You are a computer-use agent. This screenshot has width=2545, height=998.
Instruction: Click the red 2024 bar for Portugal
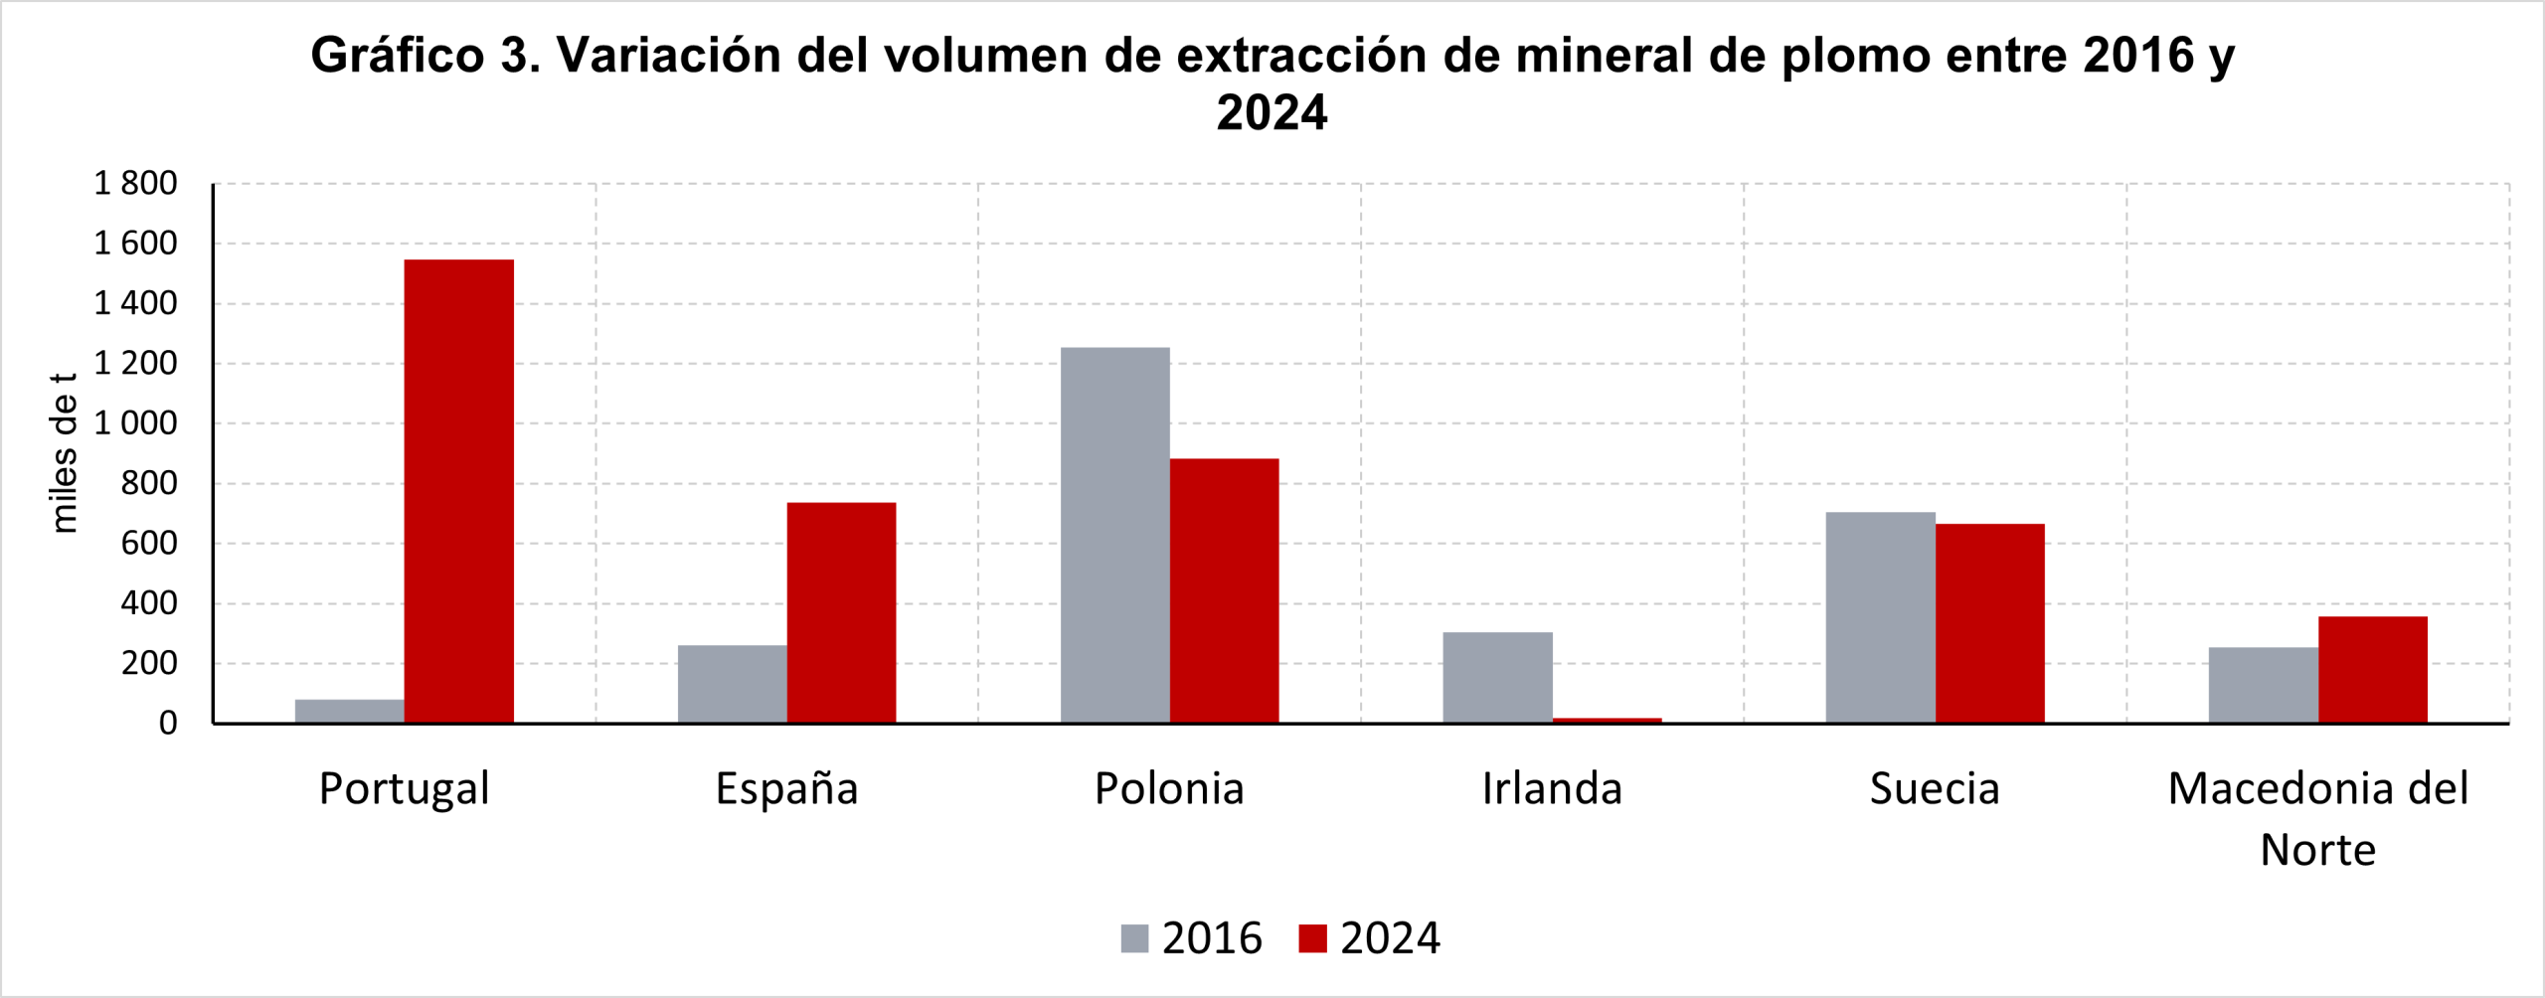(x=459, y=491)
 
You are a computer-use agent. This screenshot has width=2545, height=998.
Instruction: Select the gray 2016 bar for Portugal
(x=350, y=711)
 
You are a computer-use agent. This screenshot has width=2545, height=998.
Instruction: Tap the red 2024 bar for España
(x=841, y=612)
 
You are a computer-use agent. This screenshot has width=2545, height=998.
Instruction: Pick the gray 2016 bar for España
(x=733, y=684)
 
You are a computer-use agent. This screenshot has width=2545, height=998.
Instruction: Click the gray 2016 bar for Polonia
(x=1115, y=535)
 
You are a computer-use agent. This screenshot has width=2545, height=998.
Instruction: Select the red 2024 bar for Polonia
(x=1225, y=590)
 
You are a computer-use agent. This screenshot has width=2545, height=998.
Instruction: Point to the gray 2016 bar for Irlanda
(x=1498, y=677)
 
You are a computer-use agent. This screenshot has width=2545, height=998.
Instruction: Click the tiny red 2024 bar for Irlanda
(x=1608, y=720)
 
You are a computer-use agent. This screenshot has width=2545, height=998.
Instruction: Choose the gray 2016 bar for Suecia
(x=1881, y=617)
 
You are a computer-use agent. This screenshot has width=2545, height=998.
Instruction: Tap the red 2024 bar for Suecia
(x=1990, y=623)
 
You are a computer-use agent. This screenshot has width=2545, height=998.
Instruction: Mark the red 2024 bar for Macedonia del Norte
(x=2373, y=670)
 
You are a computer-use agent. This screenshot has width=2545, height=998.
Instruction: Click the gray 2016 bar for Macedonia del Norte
(x=2264, y=685)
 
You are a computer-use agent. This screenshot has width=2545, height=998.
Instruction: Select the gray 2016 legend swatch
(x=1134, y=938)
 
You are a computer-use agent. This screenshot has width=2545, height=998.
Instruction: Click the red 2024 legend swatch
(x=1312, y=938)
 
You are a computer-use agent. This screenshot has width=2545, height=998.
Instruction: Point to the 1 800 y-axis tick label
(x=135, y=184)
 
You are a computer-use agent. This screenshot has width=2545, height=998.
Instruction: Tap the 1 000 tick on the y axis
(x=135, y=423)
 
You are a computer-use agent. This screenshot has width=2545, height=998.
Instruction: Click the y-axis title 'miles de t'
(x=64, y=453)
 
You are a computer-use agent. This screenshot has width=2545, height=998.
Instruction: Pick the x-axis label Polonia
(x=1170, y=789)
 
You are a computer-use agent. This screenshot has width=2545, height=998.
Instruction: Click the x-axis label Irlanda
(x=1553, y=789)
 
